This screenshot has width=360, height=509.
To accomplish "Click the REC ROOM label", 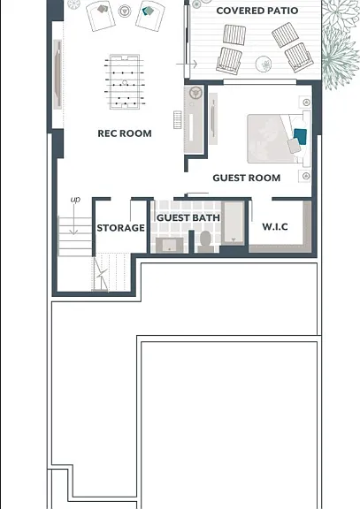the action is (x=125, y=133).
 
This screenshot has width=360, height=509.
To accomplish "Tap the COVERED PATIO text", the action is (x=257, y=11).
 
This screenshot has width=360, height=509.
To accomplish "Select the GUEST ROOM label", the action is (x=247, y=178).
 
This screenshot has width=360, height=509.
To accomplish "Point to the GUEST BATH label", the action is (x=188, y=217).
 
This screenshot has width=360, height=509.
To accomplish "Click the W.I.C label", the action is (x=275, y=226).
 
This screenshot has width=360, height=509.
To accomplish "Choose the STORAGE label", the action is (x=121, y=228).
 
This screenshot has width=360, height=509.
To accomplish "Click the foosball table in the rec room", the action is (x=125, y=82).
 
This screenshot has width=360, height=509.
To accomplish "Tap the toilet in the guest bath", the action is (x=206, y=241).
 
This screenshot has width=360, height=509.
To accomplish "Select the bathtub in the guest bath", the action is (x=234, y=223).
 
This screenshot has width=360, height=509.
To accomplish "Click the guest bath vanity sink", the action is (x=169, y=245).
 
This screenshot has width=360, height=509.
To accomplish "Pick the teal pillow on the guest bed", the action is (x=300, y=137).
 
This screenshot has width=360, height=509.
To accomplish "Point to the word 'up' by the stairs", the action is (x=75, y=200).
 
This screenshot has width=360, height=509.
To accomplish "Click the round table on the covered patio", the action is (x=264, y=64).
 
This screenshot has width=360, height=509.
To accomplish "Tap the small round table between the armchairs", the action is (x=124, y=11).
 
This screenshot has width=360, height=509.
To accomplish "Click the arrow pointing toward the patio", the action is (x=187, y=65).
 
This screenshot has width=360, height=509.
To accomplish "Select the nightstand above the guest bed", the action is (x=305, y=103).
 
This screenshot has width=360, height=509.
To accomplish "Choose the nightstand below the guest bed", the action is (x=305, y=176).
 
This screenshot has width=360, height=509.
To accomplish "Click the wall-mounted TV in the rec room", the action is (x=57, y=74).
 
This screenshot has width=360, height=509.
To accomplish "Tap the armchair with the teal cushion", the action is (x=149, y=16).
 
